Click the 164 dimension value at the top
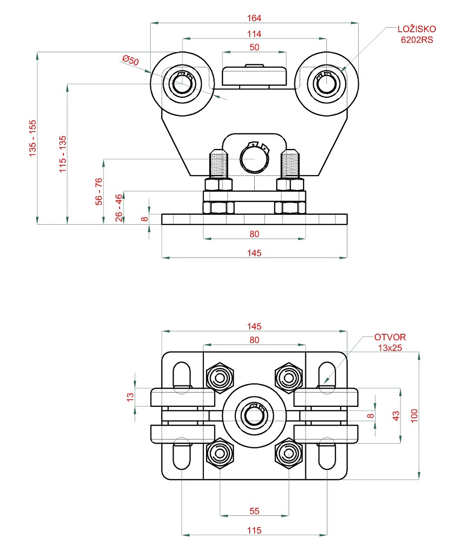pyautogui.click(x=254, y=18)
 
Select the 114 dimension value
pyautogui.click(x=254, y=34)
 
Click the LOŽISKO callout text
pyautogui.click(x=416, y=30)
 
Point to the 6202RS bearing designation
pyautogui.click(x=416, y=40)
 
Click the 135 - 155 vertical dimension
pyautogui.click(x=32, y=138)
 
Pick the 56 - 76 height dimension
pyautogui.click(x=99, y=191)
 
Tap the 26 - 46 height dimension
pyautogui.click(x=118, y=208)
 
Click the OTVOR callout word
pyautogui.click(x=390, y=337)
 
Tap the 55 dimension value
pyautogui.click(x=254, y=511)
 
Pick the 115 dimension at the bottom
pyautogui.click(x=254, y=530)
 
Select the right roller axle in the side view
pyautogui.click(x=326, y=83)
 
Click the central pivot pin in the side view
pyautogui.click(x=254, y=160)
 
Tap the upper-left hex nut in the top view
pyautogui.click(x=220, y=377)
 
